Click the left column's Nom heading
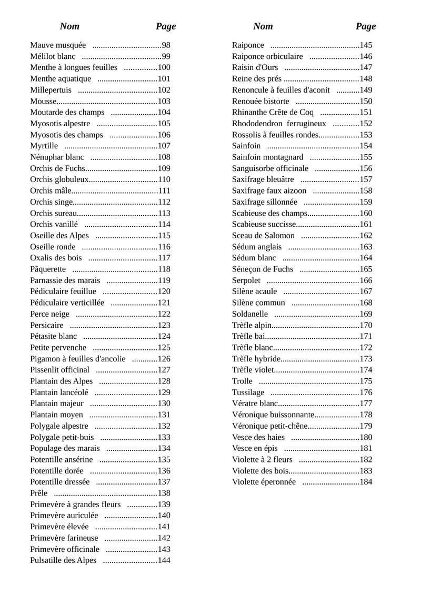tap(69, 26)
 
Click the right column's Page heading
tap(365, 26)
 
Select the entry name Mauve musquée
tap(58, 45)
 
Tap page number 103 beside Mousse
tap(164, 101)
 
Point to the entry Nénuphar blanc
tap(57, 157)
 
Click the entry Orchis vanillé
tap(54, 224)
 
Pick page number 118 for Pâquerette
tap(164, 269)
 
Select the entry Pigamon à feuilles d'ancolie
tap(78, 358)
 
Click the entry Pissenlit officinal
tap(59, 370)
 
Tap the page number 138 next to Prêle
tap(164, 493)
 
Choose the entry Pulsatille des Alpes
tap(63, 560)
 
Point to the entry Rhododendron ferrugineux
tap(279, 124)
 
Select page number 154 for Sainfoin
tap(366, 146)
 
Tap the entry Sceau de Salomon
tap(263, 235)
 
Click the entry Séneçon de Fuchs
tap(263, 269)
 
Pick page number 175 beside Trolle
tap(366, 381)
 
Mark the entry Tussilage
tap(248, 392)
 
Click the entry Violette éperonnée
tap(264, 482)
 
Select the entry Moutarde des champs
tap(67, 112)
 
